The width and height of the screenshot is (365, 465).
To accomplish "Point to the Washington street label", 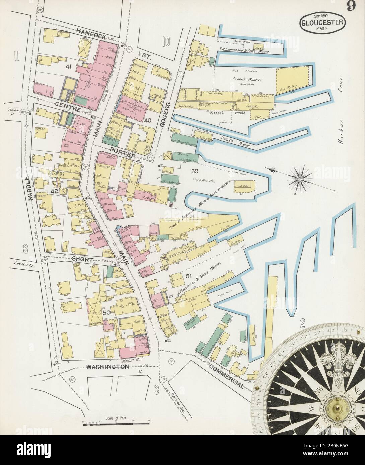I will (108, 367).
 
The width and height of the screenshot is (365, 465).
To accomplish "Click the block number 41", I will (69, 67).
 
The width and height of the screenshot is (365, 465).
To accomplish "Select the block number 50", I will (106, 313).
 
